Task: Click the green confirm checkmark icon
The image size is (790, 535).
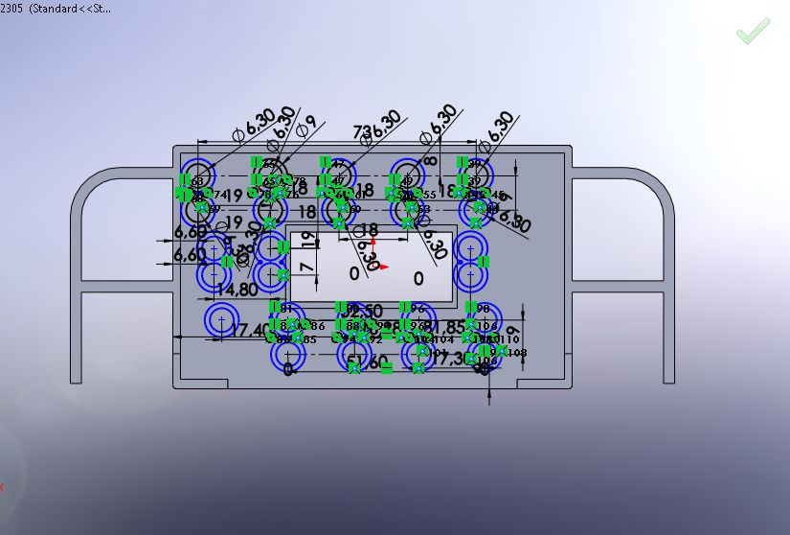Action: pyautogui.click(x=753, y=31)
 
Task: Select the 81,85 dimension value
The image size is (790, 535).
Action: pyautogui.click(x=441, y=327)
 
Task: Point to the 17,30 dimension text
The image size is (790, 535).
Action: pyautogui.click(x=459, y=358)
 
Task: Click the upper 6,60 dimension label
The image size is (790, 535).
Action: pyautogui.click(x=190, y=232)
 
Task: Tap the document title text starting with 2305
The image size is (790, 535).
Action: pyautogui.click(x=58, y=9)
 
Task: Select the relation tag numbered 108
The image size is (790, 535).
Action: pyautogui.click(x=517, y=353)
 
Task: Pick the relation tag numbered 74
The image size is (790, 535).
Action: pyautogui.click(x=219, y=195)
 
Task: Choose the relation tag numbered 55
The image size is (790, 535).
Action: pyautogui.click(x=430, y=195)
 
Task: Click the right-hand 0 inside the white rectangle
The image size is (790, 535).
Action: pyautogui.click(x=418, y=279)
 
